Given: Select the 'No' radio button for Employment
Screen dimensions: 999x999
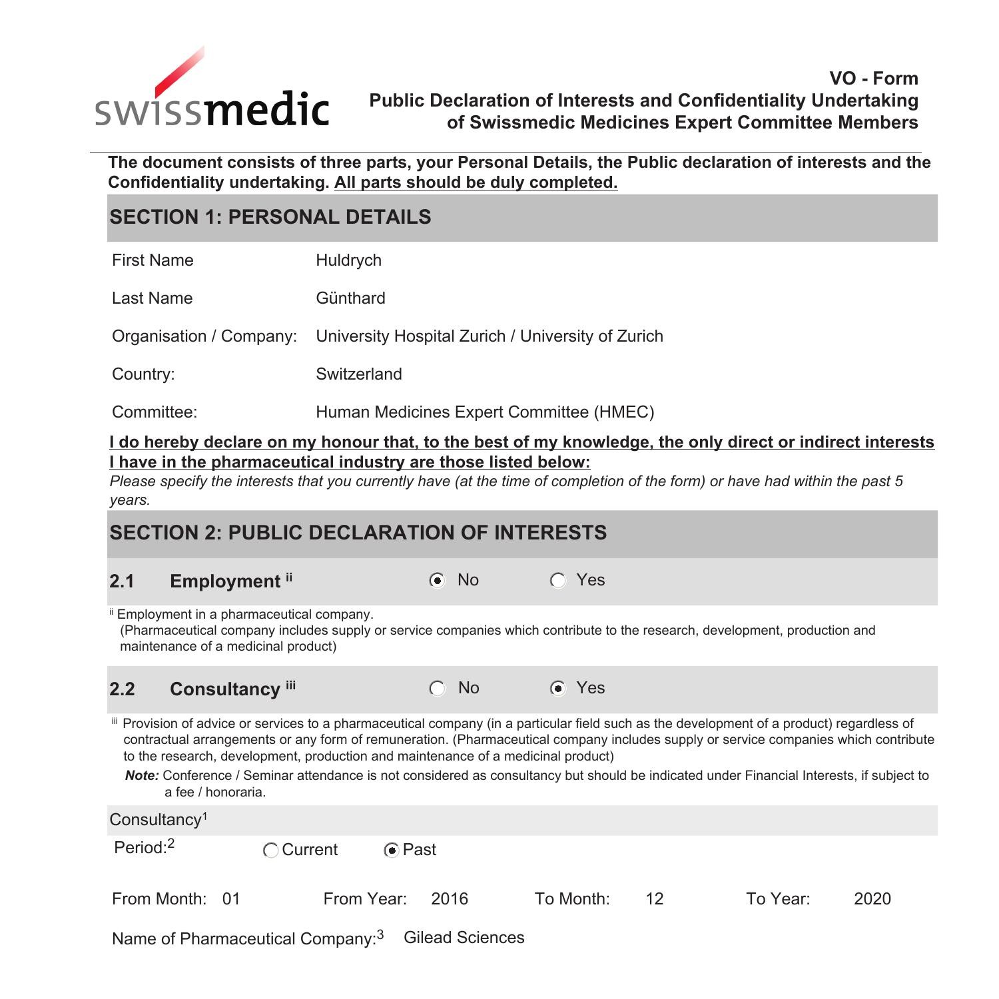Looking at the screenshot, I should coord(437,581).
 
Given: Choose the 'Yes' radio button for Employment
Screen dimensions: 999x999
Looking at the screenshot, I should coord(558,581).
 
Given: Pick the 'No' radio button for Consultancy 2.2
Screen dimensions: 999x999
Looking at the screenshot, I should coord(437,689).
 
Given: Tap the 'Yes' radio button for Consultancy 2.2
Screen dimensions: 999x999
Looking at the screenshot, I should coord(558,689).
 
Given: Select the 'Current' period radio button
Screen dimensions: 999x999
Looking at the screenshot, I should coord(270,850).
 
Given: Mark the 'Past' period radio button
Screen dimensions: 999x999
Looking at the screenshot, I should coord(392,850).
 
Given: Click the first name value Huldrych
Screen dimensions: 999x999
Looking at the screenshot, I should coord(348,260).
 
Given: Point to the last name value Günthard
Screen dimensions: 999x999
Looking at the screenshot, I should coord(350,298).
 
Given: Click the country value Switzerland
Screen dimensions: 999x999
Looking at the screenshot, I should coord(358,374).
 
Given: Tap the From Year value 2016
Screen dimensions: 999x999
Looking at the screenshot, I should coord(450,899).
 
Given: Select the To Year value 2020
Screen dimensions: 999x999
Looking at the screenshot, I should coord(872,899).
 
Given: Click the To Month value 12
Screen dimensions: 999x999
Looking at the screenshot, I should coord(654,899).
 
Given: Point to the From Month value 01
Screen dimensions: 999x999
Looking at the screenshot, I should coord(231,899).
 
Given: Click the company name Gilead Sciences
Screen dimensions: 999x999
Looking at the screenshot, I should coord(464,938).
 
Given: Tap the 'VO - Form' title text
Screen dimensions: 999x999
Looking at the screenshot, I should coord(873,79).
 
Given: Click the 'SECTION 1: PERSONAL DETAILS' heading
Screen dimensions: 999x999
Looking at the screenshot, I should coord(270,217).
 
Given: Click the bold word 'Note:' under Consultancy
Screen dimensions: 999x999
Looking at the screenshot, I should coord(142,776).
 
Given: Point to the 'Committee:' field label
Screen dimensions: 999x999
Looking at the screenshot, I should coord(155,412).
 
